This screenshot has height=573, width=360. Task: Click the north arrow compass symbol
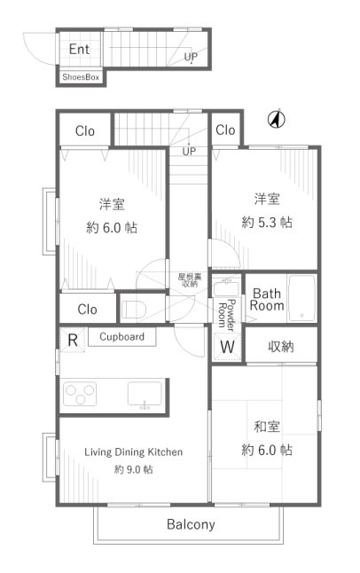(277, 119)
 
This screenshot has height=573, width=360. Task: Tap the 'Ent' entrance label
(79, 49)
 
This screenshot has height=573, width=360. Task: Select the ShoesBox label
(81, 77)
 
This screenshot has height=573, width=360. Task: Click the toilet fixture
(133, 309)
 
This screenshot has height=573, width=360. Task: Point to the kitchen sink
(145, 394)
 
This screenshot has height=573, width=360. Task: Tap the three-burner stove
(80, 394)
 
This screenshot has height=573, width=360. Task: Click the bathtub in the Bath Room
(301, 298)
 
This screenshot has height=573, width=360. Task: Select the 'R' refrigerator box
(73, 341)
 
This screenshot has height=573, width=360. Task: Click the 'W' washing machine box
(227, 347)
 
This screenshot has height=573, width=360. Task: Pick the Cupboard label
(122, 336)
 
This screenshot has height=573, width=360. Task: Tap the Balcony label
(191, 524)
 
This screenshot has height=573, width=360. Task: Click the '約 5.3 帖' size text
(267, 222)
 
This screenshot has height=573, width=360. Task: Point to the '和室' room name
(267, 427)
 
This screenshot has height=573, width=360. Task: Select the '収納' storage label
(281, 346)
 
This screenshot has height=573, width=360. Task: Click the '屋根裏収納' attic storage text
(190, 280)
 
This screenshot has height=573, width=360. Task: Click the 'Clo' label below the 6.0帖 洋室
(88, 310)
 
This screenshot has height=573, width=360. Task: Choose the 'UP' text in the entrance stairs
(191, 57)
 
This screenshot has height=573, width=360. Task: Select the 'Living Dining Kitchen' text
(133, 452)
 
